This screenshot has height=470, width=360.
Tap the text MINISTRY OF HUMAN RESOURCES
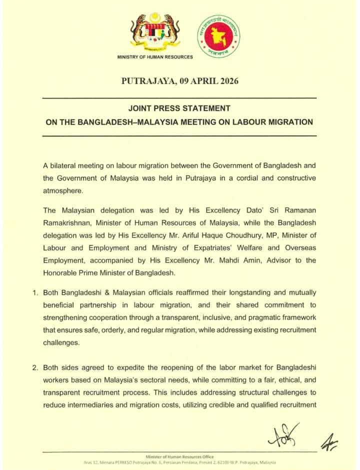click(155, 57)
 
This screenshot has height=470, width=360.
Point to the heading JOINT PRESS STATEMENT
click(179, 108)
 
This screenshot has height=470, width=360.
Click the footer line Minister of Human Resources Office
click(179, 457)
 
